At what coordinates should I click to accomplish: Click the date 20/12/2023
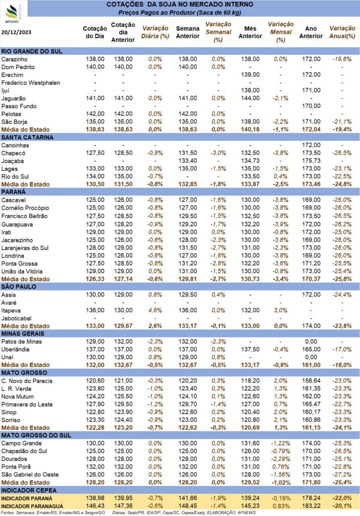(17, 32)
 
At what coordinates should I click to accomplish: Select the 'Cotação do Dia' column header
(95, 32)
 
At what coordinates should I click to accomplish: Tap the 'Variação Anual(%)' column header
(342, 32)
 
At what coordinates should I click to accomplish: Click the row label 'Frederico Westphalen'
(31, 83)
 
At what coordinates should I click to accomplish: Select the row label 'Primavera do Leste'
(27, 405)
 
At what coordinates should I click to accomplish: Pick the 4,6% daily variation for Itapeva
(155, 310)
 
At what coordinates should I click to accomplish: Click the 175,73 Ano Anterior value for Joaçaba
(311, 161)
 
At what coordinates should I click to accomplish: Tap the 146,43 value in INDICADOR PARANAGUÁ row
(95, 506)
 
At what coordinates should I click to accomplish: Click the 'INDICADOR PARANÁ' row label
(27, 498)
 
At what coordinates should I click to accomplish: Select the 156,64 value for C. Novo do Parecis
(311, 381)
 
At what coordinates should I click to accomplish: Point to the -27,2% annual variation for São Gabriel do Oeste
(342, 475)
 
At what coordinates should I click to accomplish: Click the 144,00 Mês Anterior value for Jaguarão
(250, 98)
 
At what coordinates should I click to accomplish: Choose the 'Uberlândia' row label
(15, 350)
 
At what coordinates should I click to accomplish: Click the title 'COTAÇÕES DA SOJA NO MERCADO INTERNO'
(180, 5)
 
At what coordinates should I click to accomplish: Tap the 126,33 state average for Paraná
(95, 279)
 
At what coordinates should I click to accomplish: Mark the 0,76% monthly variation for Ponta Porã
(280, 467)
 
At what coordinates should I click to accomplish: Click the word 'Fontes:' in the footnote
(8, 512)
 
